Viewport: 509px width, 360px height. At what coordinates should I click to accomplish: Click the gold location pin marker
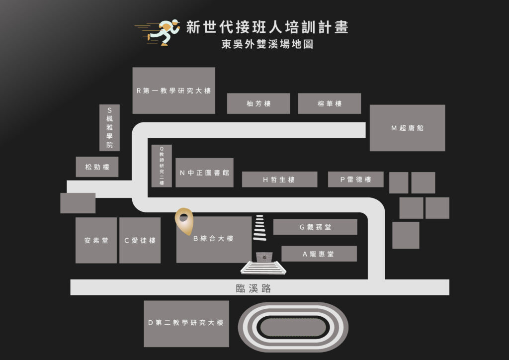click(184, 221)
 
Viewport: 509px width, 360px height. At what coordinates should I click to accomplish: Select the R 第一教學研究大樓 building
click(173, 90)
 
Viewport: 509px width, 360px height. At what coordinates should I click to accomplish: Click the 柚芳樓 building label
click(258, 103)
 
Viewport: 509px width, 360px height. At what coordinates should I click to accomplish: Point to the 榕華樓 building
click(330, 103)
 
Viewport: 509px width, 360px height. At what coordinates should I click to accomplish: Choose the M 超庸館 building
click(408, 128)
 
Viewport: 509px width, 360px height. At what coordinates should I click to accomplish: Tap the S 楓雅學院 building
click(109, 128)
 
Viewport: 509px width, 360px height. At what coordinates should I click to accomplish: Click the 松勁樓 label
click(97, 167)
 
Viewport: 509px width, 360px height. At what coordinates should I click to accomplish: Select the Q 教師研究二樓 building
click(162, 166)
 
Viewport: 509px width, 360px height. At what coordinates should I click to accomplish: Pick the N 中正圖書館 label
click(204, 173)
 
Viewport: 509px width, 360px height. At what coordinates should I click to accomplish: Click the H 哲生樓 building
click(279, 180)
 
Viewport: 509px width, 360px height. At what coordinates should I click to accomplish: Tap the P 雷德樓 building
click(356, 180)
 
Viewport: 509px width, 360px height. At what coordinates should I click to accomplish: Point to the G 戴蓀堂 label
click(315, 227)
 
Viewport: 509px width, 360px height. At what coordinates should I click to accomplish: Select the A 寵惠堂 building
click(319, 254)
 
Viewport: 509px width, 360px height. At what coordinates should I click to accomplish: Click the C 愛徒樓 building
click(140, 240)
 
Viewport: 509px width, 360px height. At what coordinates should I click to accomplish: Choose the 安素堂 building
click(96, 240)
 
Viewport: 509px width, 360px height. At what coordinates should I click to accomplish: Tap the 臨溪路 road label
click(253, 288)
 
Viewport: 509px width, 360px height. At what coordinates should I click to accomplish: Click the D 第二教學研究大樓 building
click(186, 324)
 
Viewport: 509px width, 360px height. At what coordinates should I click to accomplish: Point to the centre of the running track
click(293, 328)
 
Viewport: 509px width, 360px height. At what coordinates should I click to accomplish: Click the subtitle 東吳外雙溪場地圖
click(267, 44)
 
